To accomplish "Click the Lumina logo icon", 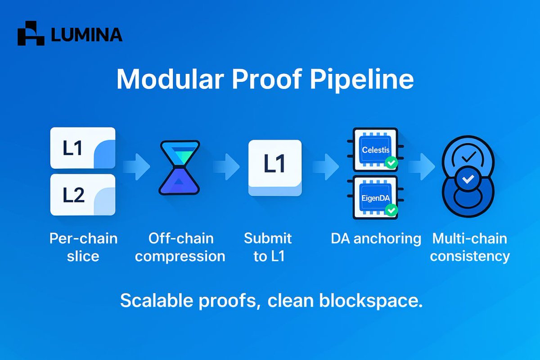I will point(31,34).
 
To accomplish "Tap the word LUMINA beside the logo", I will point(87,35).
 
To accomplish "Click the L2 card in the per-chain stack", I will point(83,194).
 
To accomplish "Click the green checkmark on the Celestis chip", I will point(392,162).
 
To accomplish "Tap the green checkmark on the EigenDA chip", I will point(392,209).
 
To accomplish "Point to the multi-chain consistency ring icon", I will point(468,180).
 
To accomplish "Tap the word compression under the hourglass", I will point(180,256).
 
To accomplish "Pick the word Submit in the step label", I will point(268,238).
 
